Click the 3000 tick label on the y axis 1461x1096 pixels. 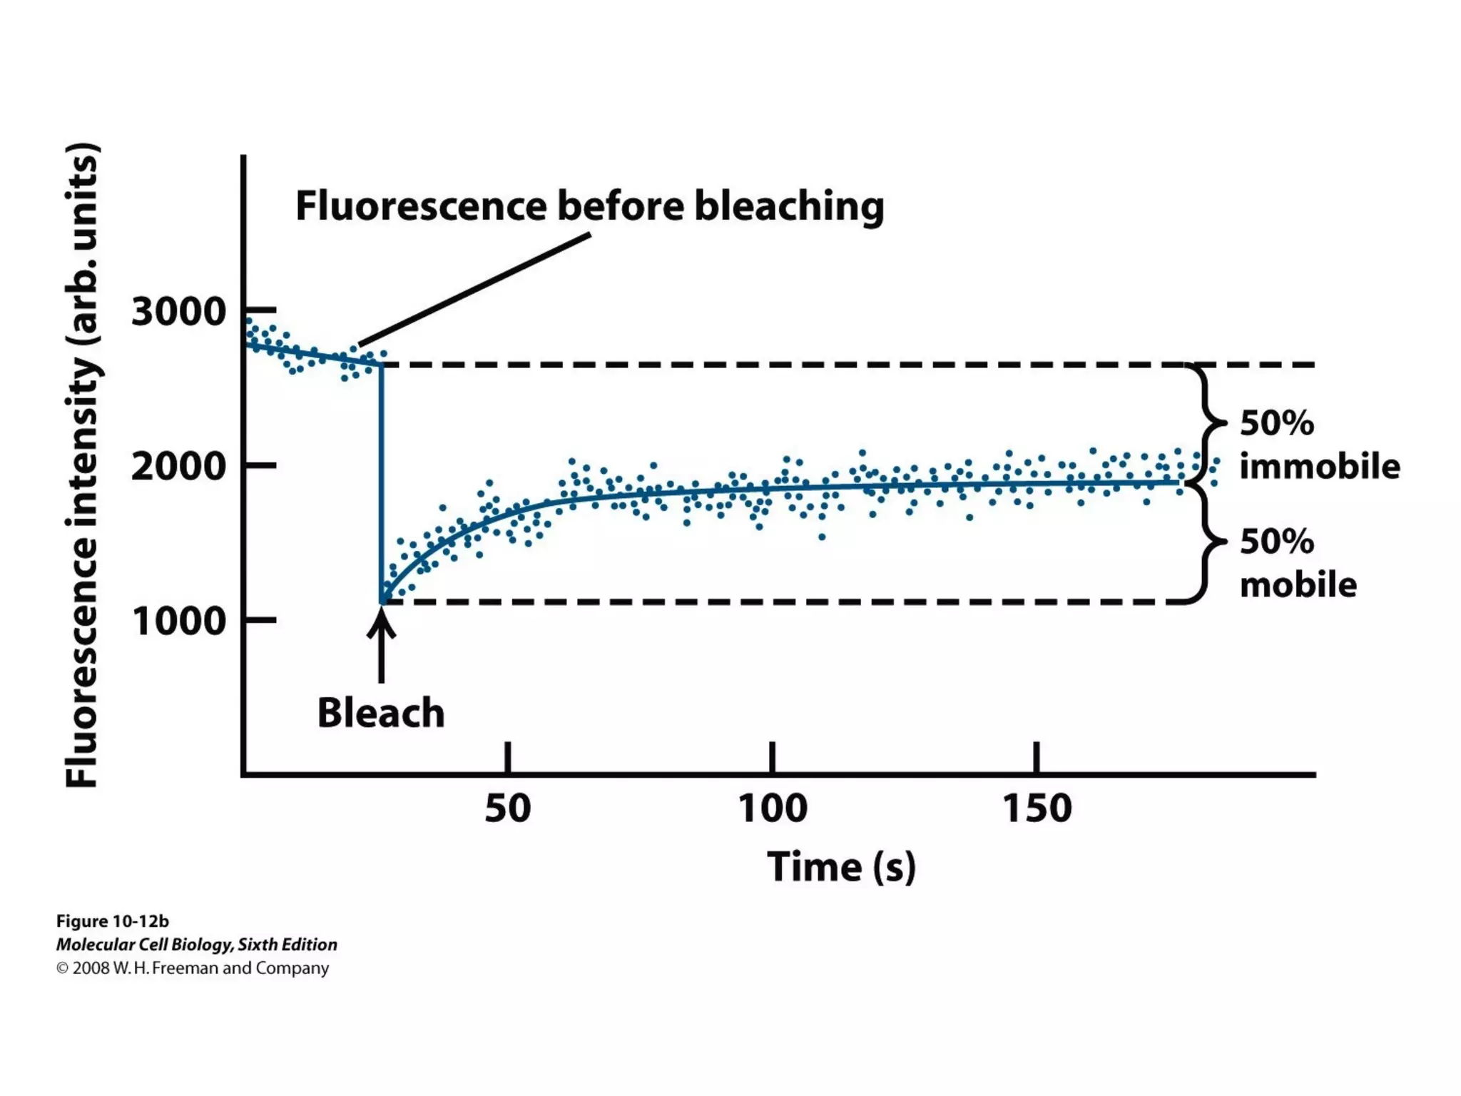point(178,312)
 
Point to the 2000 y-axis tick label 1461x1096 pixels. point(178,467)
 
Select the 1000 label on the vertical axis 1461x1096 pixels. point(178,621)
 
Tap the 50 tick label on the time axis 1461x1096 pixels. point(507,808)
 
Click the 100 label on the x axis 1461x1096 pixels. point(772,808)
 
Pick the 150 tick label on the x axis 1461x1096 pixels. point(1037,808)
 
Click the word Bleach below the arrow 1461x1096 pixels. point(380,713)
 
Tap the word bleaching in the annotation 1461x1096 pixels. point(789,207)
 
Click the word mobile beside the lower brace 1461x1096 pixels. point(1298,584)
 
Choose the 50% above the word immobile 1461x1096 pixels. point(1276,423)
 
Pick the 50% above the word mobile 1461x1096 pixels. point(1276,542)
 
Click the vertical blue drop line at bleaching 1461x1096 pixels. point(381,485)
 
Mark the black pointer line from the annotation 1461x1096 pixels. point(474,290)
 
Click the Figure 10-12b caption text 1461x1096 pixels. point(112,921)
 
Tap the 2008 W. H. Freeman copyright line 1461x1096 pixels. point(193,968)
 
